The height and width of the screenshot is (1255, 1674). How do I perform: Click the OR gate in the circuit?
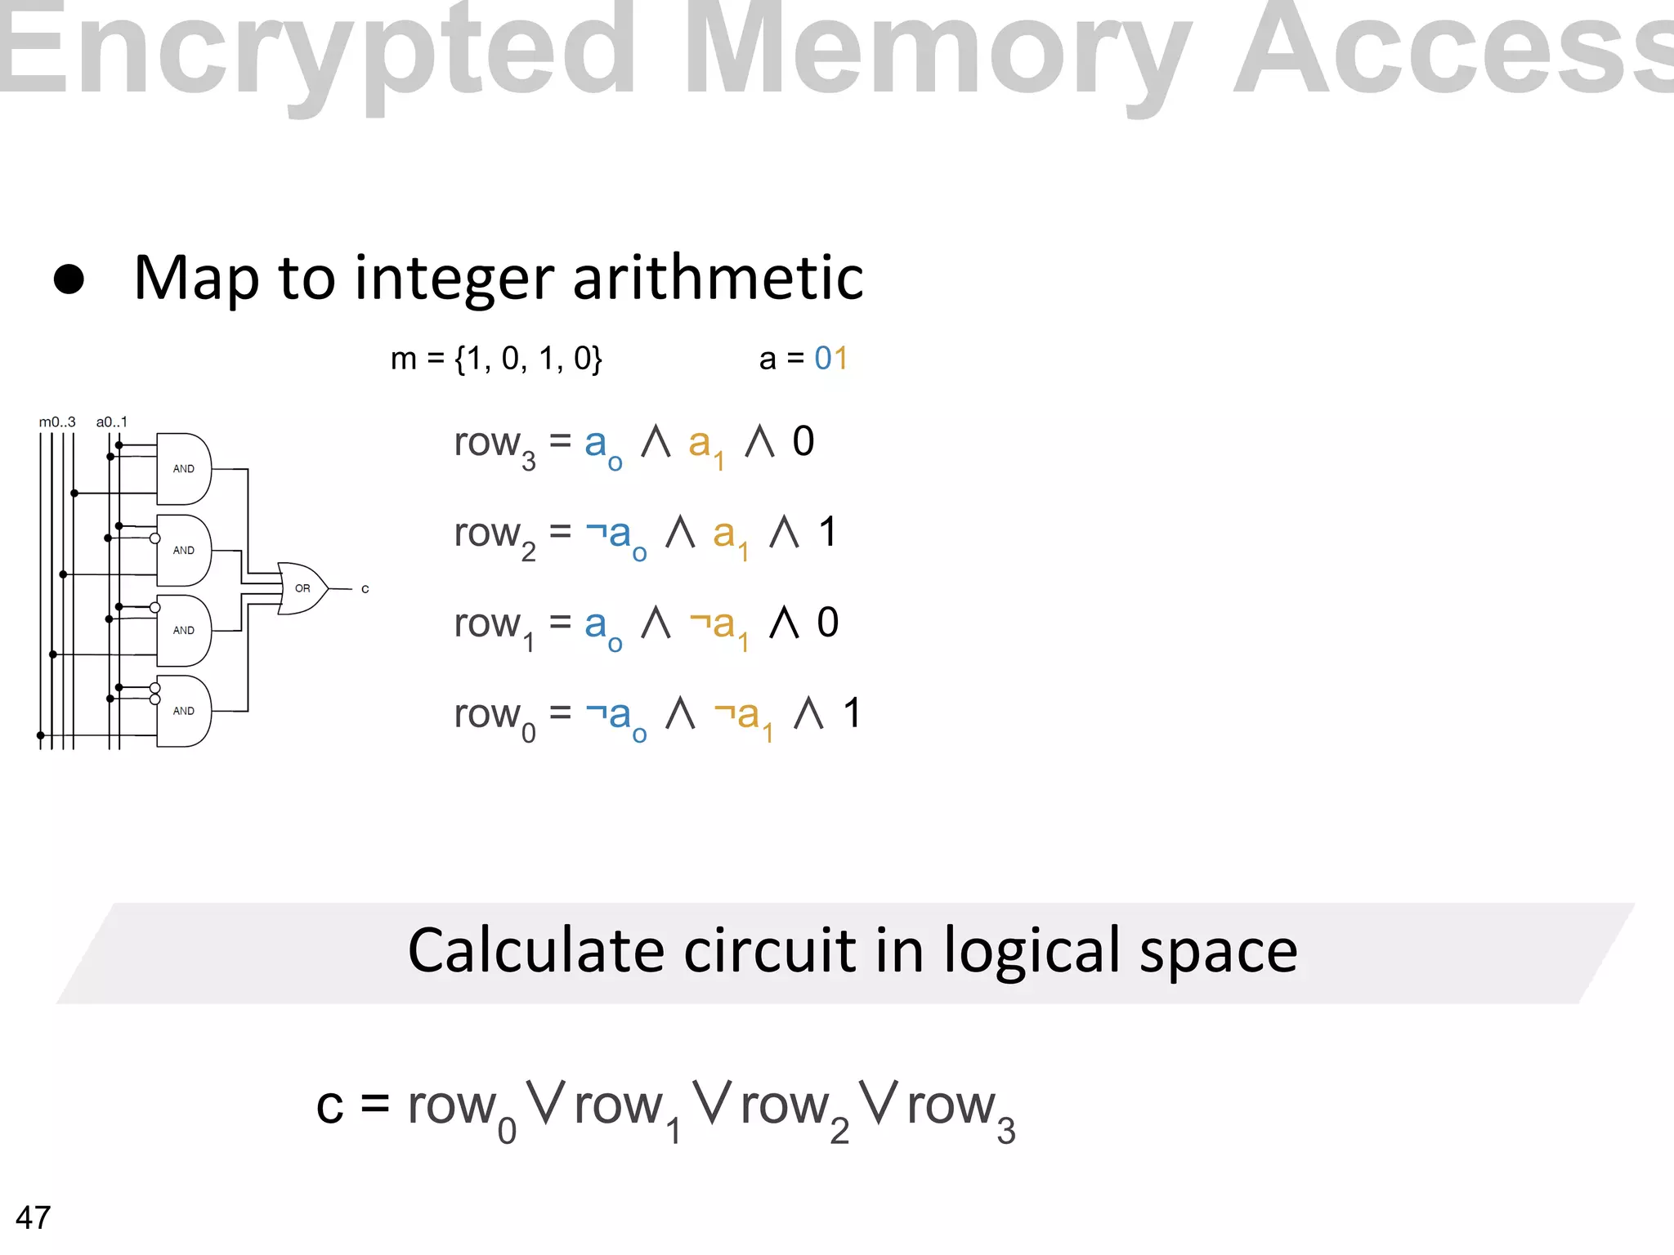pos(301,588)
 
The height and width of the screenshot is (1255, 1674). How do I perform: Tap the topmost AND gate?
pos(184,469)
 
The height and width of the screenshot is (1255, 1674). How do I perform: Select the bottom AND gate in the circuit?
pos(184,711)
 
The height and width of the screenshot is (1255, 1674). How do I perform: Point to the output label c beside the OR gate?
pos(365,589)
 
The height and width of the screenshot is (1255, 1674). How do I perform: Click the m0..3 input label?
pos(57,422)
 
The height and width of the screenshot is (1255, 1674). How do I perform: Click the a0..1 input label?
pos(112,422)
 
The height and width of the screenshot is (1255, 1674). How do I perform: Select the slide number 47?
pos(34,1217)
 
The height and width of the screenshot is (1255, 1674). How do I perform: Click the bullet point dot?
pos(69,279)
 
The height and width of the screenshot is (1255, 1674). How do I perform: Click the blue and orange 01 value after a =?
pos(831,358)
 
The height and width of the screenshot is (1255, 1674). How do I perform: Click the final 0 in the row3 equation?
pos(803,442)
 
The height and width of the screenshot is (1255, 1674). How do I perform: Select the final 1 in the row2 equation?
pos(828,533)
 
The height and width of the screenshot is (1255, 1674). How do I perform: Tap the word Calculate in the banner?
pos(536,952)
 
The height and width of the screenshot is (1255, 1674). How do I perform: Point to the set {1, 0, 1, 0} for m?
pos(528,359)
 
